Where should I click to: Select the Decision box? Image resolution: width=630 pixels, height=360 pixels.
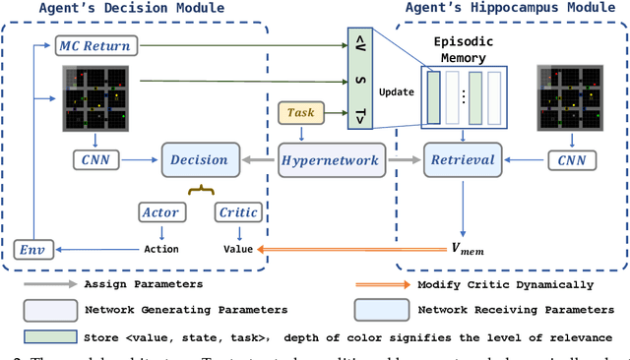pos(200,159)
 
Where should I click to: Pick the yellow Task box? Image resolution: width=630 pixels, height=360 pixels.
pos(301,113)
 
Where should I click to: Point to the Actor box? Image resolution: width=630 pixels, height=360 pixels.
pos(160,211)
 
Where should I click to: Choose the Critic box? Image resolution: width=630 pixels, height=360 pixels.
pos(238,211)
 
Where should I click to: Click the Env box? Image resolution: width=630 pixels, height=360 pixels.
pos(31,249)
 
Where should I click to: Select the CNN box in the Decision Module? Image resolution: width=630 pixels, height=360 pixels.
pos(95,159)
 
